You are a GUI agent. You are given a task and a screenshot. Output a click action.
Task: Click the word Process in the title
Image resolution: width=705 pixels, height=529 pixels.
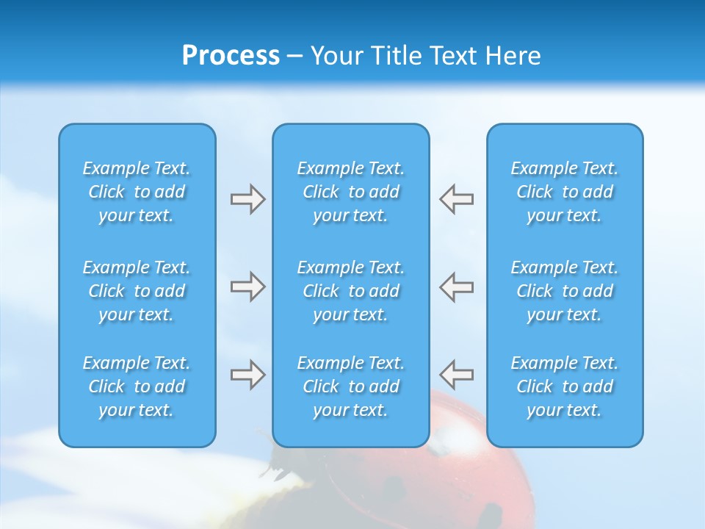point(231,56)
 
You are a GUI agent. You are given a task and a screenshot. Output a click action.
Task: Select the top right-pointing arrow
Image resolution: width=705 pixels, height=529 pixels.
point(247,199)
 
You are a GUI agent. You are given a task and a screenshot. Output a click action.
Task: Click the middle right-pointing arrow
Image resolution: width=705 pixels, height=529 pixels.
point(247,287)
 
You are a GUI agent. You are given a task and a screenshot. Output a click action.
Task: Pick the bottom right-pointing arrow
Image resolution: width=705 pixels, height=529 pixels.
point(247,375)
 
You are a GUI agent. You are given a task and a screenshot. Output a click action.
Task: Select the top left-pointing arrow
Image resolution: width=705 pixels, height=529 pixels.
point(457,199)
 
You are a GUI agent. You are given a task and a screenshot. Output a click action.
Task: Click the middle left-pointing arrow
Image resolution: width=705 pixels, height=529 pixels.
point(457,287)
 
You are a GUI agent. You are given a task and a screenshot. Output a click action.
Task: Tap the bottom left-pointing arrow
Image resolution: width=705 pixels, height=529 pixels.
point(457,375)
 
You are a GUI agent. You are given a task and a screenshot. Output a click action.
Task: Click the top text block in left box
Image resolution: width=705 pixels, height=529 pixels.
point(137,192)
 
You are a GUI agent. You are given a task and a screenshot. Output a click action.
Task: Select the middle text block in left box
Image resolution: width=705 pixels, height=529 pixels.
point(137,291)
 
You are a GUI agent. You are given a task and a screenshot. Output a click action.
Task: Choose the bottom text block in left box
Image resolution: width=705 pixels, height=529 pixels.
point(137,386)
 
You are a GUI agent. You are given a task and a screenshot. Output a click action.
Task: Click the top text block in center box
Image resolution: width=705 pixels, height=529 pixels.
point(350,192)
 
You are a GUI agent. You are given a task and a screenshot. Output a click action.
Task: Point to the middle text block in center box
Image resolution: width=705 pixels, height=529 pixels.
point(350,291)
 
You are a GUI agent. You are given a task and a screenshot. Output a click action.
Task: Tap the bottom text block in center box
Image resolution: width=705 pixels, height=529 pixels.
point(350,386)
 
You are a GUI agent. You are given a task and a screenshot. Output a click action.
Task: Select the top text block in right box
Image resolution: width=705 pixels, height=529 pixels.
point(565,192)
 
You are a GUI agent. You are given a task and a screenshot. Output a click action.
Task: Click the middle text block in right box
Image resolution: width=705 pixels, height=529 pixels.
point(565,291)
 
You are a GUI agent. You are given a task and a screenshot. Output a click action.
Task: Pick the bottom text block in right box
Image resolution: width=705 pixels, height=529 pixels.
point(565,386)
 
